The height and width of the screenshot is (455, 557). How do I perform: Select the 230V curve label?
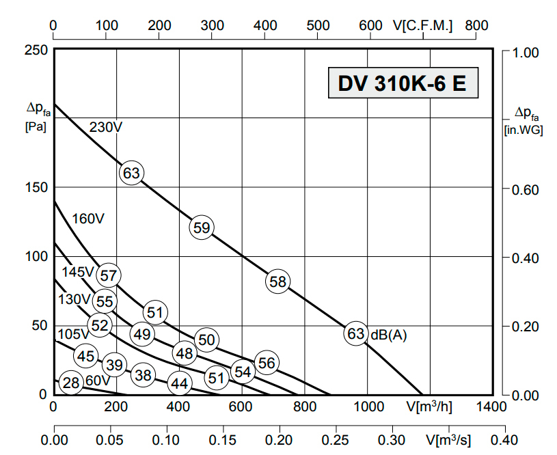click(x=105, y=127)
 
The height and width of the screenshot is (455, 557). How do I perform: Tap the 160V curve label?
click(x=88, y=219)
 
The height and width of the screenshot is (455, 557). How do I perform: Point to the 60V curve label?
click(x=97, y=381)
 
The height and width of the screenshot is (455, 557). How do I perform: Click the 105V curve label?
click(x=72, y=334)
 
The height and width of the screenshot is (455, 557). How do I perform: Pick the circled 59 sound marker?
click(x=202, y=227)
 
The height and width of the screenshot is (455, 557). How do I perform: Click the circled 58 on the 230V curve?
click(x=277, y=281)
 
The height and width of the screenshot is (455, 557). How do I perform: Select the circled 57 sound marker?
click(x=108, y=275)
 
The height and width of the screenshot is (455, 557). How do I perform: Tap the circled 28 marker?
click(x=71, y=383)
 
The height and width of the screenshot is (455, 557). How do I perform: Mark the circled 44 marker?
click(x=179, y=384)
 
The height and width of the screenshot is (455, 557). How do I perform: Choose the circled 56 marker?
click(x=267, y=363)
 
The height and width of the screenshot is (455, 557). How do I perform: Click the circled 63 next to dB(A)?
click(x=355, y=333)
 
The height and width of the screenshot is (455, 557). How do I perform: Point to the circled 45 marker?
click(x=85, y=356)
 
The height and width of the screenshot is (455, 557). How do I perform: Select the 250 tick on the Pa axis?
click(x=36, y=51)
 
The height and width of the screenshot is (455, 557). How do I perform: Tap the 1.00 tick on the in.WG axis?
click(x=526, y=52)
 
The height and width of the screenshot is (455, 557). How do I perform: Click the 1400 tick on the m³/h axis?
click(x=492, y=407)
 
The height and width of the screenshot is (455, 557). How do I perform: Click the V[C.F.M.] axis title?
click(x=423, y=25)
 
